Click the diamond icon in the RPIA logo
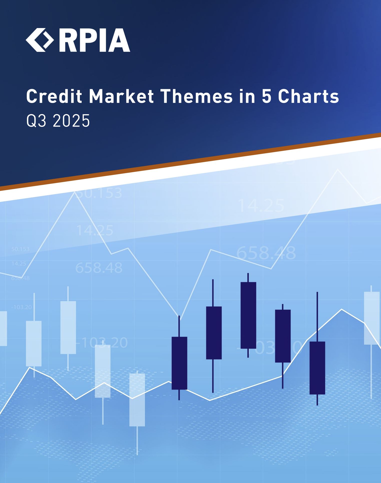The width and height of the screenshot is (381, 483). [x=40, y=40]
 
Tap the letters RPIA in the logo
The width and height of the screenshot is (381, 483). [x=95, y=40]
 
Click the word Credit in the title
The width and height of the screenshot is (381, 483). [x=54, y=96]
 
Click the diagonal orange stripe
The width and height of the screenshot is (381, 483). [x=190, y=161]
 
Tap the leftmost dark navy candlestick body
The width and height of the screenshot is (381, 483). [x=179, y=363]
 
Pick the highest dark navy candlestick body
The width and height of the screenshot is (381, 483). [x=248, y=315]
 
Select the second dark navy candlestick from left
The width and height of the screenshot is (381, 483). [x=214, y=333]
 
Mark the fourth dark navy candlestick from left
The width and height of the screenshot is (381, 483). [x=283, y=336]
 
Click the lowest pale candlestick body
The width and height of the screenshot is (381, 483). [x=137, y=400]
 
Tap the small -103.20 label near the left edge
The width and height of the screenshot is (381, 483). [x=22, y=307]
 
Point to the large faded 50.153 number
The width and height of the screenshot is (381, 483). [x=99, y=193]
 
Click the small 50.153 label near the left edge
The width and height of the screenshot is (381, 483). [x=20, y=249]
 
